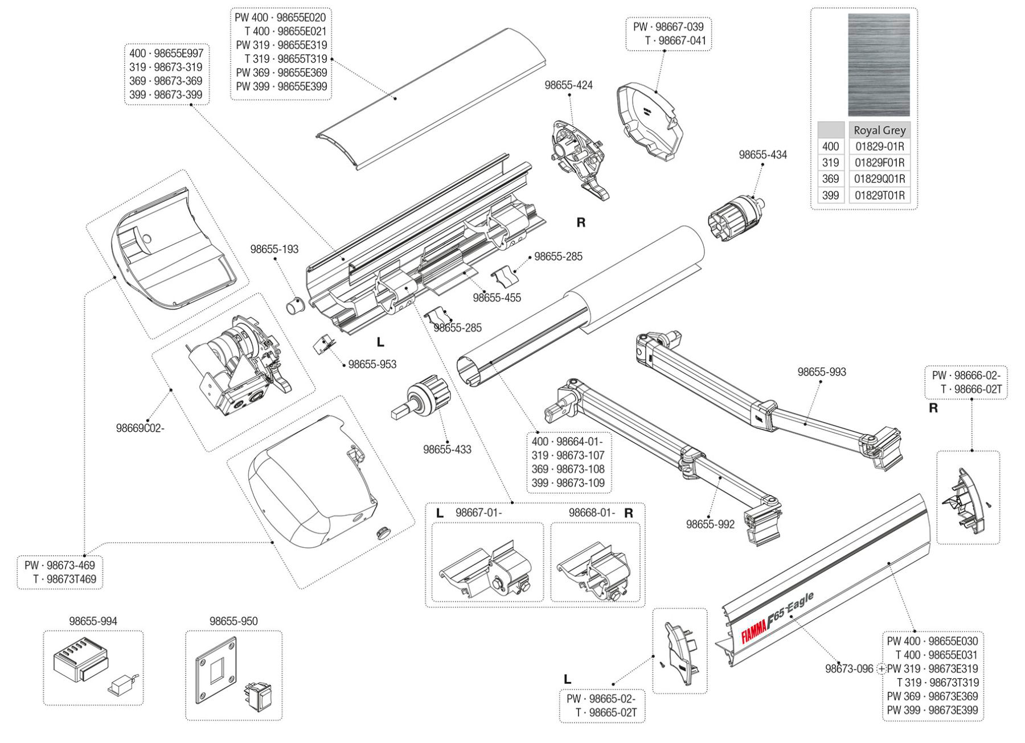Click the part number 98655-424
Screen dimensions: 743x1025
point(568,85)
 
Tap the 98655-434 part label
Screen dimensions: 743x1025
point(762,155)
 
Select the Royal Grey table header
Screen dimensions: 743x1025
point(879,130)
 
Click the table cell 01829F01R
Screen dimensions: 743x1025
point(879,163)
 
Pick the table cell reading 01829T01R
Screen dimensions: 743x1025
point(879,196)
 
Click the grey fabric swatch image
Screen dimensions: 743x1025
point(879,65)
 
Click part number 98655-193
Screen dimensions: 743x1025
point(274,249)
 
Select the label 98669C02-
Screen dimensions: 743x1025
point(140,428)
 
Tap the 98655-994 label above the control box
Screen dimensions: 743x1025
point(93,621)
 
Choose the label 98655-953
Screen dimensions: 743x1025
point(372,365)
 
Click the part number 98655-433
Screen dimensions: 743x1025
point(447,449)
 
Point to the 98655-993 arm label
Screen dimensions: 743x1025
point(821,372)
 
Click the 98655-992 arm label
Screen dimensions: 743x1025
point(710,525)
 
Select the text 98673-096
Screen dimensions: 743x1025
point(848,669)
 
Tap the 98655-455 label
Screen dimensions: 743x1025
point(497,298)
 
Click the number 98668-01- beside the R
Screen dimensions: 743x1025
point(592,513)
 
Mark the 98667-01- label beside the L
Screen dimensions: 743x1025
point(478,513)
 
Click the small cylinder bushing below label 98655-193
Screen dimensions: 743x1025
point(296,306)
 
